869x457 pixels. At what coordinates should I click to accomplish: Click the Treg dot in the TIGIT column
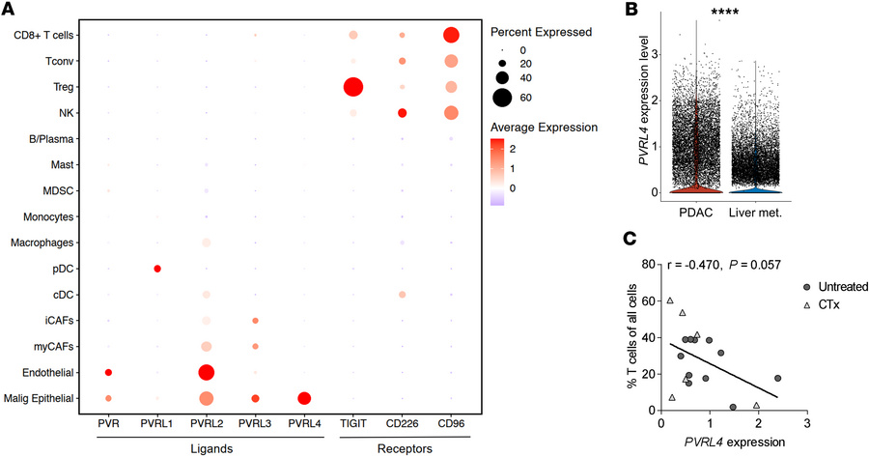click(x=352, y=88)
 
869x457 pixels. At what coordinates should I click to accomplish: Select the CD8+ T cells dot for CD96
click(x=451, y=36)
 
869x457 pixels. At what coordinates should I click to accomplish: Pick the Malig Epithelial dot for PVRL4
click(x=304, y=398)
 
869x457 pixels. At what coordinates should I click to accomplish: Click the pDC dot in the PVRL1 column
click(x=156, y=269)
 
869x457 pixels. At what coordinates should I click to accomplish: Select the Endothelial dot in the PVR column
click(x=108, y=372)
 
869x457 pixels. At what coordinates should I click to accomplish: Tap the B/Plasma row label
click(x=55, y=139)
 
